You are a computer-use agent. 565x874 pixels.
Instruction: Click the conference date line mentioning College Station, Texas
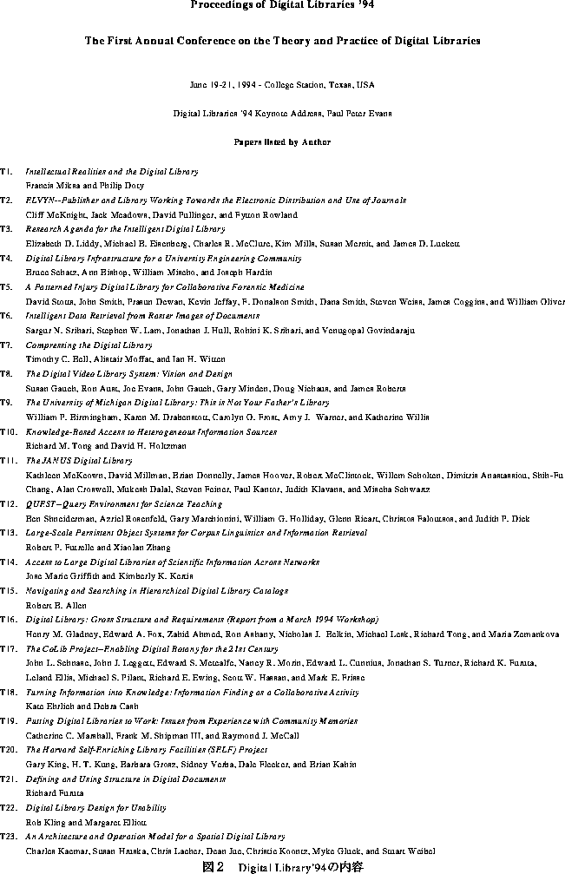(282, 85)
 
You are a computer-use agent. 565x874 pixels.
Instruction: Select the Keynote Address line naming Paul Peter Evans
(282, 113)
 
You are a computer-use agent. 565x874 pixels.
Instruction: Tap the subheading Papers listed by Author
(282, 141)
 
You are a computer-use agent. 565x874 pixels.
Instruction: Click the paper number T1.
(6, 172)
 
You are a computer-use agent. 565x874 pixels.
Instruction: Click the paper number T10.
(8, 431)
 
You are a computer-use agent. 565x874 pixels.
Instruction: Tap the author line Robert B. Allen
(56, 605)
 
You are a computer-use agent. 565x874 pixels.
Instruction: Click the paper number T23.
(8, 836)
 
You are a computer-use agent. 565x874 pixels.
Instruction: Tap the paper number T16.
(8, 619)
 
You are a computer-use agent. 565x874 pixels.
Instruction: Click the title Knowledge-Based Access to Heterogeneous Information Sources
(151, 431)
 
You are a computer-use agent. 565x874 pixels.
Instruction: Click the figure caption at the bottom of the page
(282, 865)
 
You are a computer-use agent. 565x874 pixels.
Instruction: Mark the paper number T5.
(6, 286)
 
